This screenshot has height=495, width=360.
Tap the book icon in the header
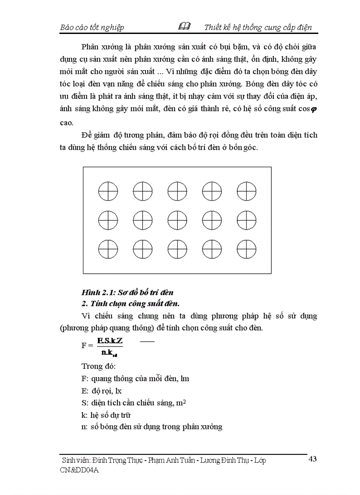click(184, 26)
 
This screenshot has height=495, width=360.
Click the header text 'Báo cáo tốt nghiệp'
click(92, 27)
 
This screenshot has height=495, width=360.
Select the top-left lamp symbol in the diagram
click(108, 192)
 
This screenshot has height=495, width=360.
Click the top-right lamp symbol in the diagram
click(247, 192)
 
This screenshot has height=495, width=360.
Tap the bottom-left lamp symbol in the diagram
click(108, 249)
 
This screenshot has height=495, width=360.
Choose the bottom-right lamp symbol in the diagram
click(247, 249)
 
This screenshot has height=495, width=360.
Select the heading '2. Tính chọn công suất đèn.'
click(131, 303)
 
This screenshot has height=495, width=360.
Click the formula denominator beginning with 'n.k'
click(109, 353)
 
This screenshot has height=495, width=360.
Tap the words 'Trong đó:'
click(98, 366)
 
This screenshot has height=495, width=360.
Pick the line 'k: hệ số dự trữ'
click(106, 415)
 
